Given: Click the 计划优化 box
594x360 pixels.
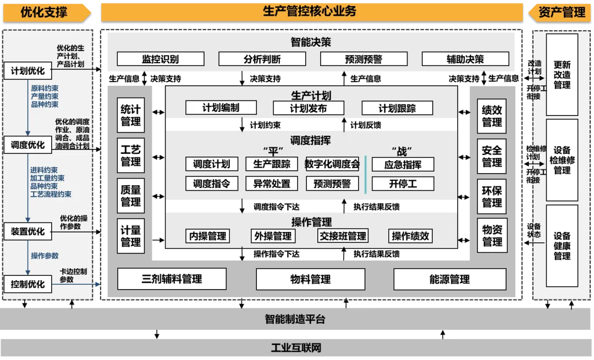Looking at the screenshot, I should [x=28, y=71].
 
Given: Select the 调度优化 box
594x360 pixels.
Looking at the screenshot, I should [x=28, y=145].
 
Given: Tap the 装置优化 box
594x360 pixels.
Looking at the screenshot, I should [x=28, y=231].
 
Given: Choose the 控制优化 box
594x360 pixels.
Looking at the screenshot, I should [x=28, y=284].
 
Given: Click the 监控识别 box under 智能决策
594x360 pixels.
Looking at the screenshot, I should [x=160, y=59].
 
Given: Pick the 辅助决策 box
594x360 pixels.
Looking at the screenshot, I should [x=465, y=59].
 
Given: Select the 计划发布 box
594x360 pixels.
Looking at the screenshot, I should [x=309, y=108].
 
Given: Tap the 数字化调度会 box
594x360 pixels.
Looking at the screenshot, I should [x=332, y=164].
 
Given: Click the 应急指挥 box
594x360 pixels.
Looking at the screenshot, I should [x=403, y=164].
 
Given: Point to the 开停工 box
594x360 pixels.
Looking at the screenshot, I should [x=403, y=184].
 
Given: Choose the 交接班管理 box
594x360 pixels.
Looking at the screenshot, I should [x=343, y=236].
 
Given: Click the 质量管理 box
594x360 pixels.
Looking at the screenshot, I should [x=131, y=196].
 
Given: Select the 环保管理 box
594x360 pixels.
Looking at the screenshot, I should [x=492, y=196].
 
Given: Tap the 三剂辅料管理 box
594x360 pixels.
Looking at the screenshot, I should [x=172, y=279].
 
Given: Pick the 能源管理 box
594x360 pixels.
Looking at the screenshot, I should [x=449, y=279].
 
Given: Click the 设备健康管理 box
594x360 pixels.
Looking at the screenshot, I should [x=562, y=246].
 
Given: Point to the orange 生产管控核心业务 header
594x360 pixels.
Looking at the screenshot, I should [x=311, y=11].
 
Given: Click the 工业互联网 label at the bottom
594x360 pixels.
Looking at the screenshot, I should [x=296, y=348].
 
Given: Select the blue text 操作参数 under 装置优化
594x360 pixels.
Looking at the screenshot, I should [x=45, y=256].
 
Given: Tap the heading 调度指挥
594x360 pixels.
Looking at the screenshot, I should [x=311, y=141].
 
